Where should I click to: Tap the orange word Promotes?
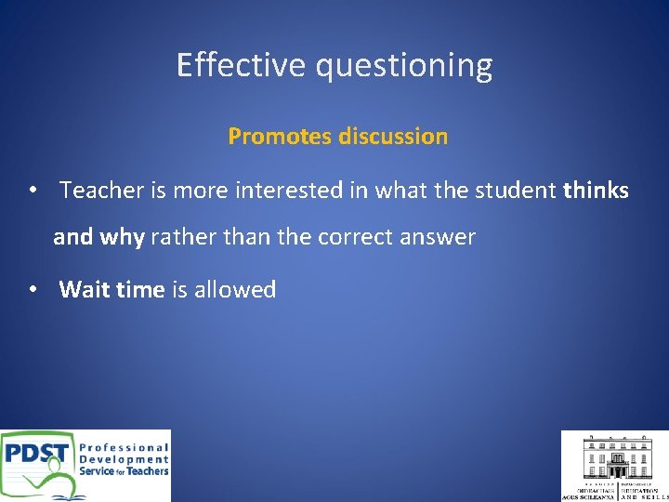pos(280,137)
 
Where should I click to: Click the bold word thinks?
pos(596,191)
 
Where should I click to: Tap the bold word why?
pos(122,238)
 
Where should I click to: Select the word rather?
pos(180,238)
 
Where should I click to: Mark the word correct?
pos(356,238)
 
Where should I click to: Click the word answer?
pos(438,238)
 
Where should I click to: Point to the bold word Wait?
pos(85,290)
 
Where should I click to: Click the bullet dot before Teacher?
pos(33,191)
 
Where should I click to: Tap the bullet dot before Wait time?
pos(33,290)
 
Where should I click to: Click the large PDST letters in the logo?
pos(36,456)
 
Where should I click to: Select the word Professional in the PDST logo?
pos(124,447)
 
